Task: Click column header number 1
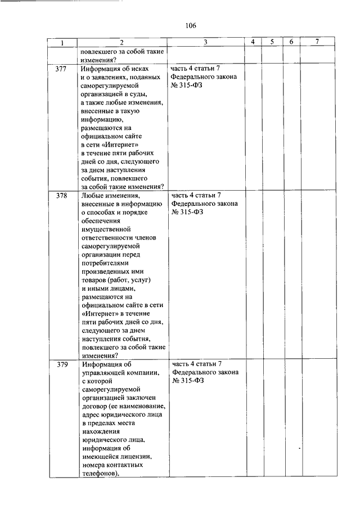[62, 43]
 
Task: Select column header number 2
[121, 43]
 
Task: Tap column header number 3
[205, 43]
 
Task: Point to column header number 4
[253, 43]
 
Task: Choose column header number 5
[272, 43]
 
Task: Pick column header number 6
[291, 43]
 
